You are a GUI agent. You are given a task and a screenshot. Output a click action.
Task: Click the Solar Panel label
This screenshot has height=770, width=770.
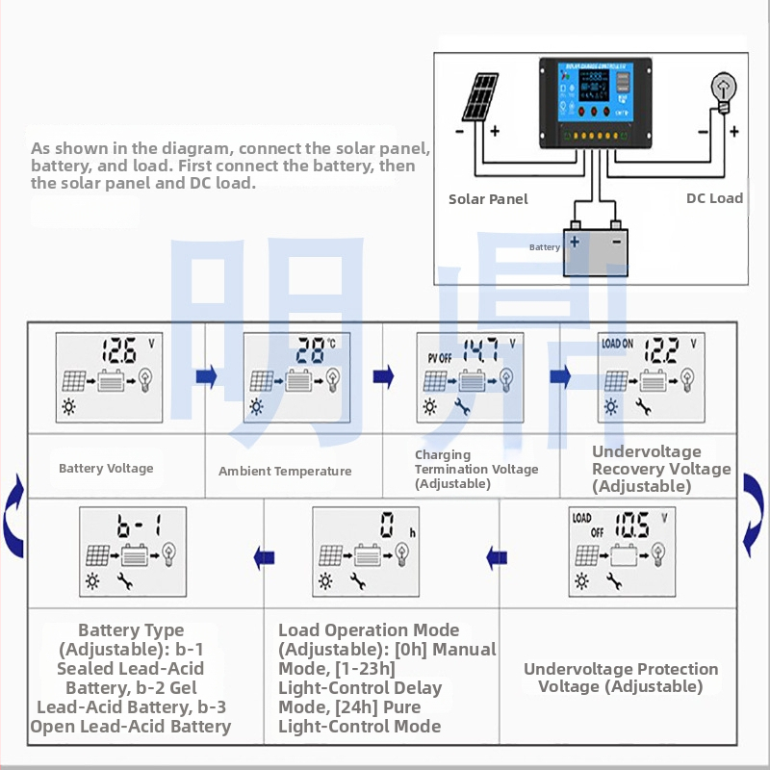click(488, 198)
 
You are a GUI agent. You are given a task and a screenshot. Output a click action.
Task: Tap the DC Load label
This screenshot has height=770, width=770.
click(714, 197)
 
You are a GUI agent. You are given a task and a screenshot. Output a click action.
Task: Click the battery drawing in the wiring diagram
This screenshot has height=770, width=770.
click(594, 250)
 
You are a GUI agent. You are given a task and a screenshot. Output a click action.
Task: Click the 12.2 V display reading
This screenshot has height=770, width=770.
click(661, 349)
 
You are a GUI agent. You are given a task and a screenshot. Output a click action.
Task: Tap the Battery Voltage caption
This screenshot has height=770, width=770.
click(106, 469)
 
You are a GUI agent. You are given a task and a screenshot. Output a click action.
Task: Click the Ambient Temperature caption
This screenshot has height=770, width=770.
click(285, 472)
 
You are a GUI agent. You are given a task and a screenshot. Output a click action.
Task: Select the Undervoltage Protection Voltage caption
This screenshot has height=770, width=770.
click(621, 678)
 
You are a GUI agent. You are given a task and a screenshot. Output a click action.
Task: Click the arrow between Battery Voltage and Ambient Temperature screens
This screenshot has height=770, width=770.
click(206, 376)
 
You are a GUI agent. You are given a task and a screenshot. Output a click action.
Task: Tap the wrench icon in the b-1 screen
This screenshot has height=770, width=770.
click(123, 580)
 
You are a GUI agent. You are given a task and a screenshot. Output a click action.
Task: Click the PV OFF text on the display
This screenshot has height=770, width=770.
click(439, 357)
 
